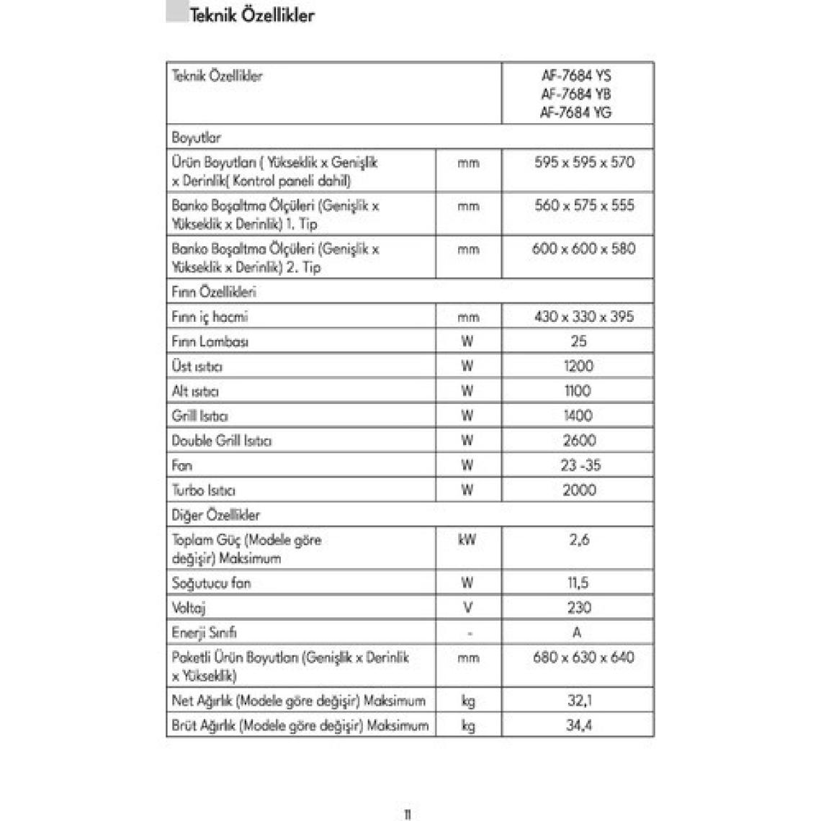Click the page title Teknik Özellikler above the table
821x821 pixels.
[x=251, y=15]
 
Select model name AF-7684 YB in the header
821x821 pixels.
[x=576, y=94]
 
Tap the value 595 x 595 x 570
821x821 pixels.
[x=584, y=163]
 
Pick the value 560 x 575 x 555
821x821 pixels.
[x=584, y=206]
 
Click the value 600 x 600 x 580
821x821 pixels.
[x=584, y=249]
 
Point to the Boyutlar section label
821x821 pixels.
[x=196, y=138]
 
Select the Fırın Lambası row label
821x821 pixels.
[x=210, y=341]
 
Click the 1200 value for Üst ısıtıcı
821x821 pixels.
[x=578, y=366]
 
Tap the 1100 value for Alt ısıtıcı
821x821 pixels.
[x=578, y=391]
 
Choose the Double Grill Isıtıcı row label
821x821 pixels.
[x=221, y=441]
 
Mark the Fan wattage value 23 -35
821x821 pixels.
[x=580, y=465]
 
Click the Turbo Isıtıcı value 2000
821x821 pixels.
[x=579, y=490]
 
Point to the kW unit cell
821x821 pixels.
[x=467, y=539]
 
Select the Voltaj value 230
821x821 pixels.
[x=578, y=608]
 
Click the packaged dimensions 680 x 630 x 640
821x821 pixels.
[x=583, y=658]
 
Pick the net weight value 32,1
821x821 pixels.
[x=578, y=701]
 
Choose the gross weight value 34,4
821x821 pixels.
[x=578, y=725]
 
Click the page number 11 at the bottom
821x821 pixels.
[x=407, y=815]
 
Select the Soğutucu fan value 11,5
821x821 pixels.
[x=578, y=583]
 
